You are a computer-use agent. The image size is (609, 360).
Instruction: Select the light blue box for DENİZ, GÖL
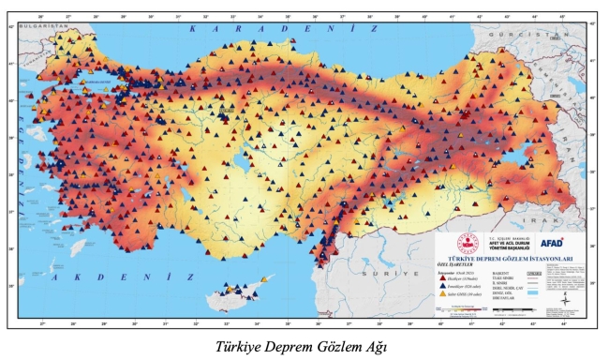coord(533,293)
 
